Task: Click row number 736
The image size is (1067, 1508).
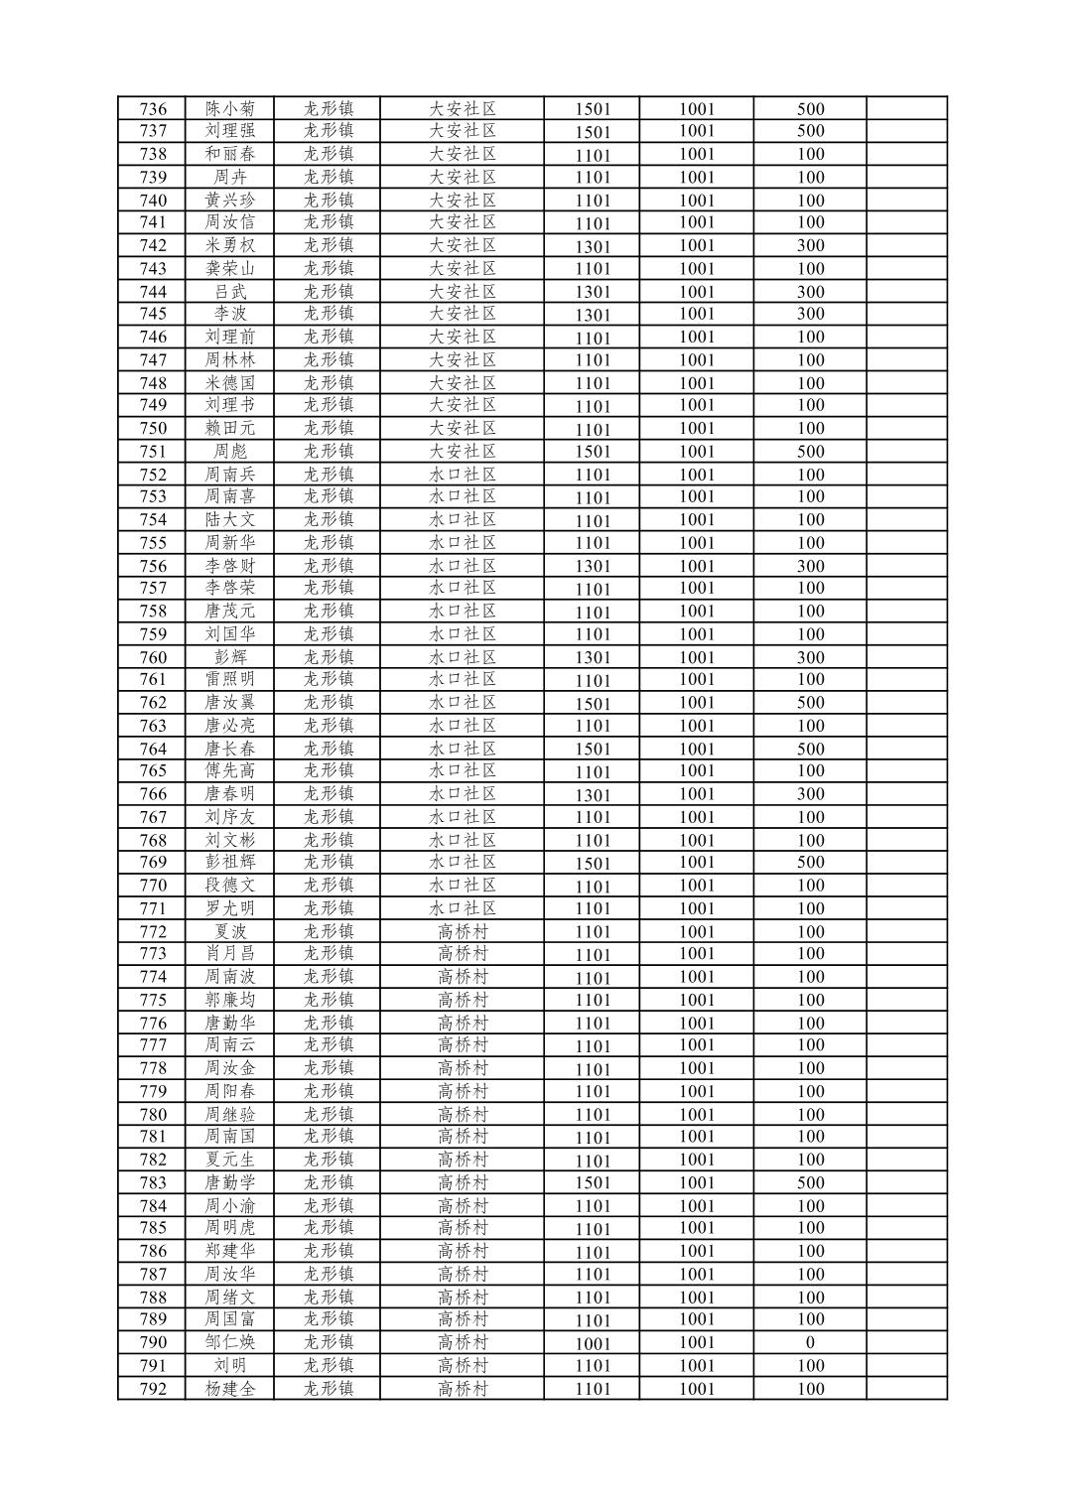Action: (153, 109)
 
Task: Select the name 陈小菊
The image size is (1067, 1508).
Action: (230, 109)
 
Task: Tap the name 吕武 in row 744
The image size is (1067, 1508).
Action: (230, 292)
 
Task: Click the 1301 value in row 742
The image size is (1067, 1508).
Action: (593, 246)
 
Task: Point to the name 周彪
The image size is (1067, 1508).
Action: (230, 452)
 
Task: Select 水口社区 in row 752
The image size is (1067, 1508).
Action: (462, 475)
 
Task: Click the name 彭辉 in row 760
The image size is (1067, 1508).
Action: (230, 657)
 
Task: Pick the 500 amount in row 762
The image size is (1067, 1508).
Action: (810, 703)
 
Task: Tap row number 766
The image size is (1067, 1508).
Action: (153, 794)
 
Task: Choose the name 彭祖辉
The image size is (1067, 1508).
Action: (230, 863)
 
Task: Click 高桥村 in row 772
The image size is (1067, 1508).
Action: (462, 931)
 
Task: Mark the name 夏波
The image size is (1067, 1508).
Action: (230, 931)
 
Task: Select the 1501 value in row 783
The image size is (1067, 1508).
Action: (593, 1183)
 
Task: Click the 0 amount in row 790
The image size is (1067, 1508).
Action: (810, 1343)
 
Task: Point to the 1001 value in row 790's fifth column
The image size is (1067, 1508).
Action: (593, 1343)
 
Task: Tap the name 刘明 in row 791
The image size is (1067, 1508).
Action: (230, 1366)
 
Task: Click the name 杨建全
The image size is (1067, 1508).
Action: (230, 1389)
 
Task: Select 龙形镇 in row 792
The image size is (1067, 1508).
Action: (329, 1389)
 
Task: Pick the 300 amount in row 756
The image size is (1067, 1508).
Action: (810, 566)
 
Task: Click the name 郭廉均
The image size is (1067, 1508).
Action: (230, 1000)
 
